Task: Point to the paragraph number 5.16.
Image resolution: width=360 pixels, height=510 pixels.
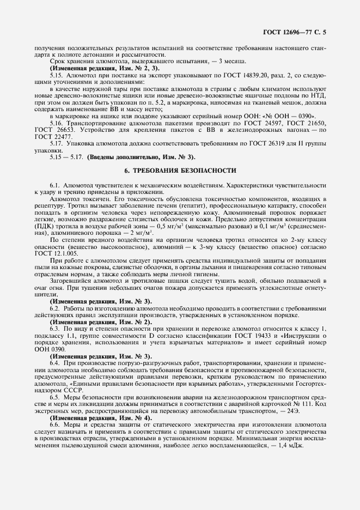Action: click(57, 124)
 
